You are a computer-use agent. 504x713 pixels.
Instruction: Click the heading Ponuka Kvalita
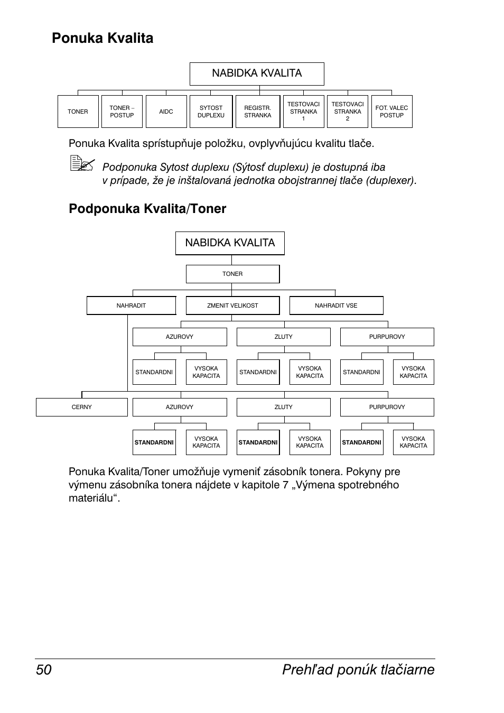[102, 38]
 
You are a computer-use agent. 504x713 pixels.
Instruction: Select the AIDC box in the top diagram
[166, 112]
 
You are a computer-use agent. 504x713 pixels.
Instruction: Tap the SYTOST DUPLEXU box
[211, 112]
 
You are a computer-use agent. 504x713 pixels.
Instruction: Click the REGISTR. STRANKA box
[258, 112]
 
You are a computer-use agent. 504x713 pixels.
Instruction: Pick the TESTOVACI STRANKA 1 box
[304, 112]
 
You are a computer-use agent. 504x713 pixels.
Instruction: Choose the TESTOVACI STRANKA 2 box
[348, 112]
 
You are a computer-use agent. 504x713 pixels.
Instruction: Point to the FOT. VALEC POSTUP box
[391, 112]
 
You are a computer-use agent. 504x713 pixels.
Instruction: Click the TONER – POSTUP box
[122, 112]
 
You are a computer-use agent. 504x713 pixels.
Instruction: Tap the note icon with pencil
[82, 163]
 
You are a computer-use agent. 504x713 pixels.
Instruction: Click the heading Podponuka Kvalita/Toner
[147, 209]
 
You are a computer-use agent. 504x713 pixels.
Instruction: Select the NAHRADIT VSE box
[337, 305]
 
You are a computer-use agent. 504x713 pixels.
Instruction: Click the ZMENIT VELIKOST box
[232, 305]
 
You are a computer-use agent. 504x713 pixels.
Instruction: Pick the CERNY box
[82, 407]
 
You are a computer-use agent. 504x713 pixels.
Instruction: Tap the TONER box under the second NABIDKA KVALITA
[232, 274]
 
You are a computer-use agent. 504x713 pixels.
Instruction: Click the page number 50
[44, 670]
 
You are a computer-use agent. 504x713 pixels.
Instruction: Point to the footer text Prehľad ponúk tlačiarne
[358, 670]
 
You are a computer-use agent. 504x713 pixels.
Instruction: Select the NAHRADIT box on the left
[131, 305]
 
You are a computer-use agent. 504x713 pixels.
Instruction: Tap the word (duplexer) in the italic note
[391, 180]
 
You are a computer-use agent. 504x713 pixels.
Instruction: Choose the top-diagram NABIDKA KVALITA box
[257, 74]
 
